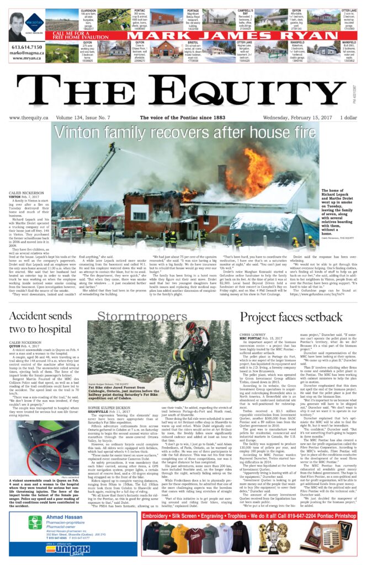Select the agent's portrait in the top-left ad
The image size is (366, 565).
click(20, 26)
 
